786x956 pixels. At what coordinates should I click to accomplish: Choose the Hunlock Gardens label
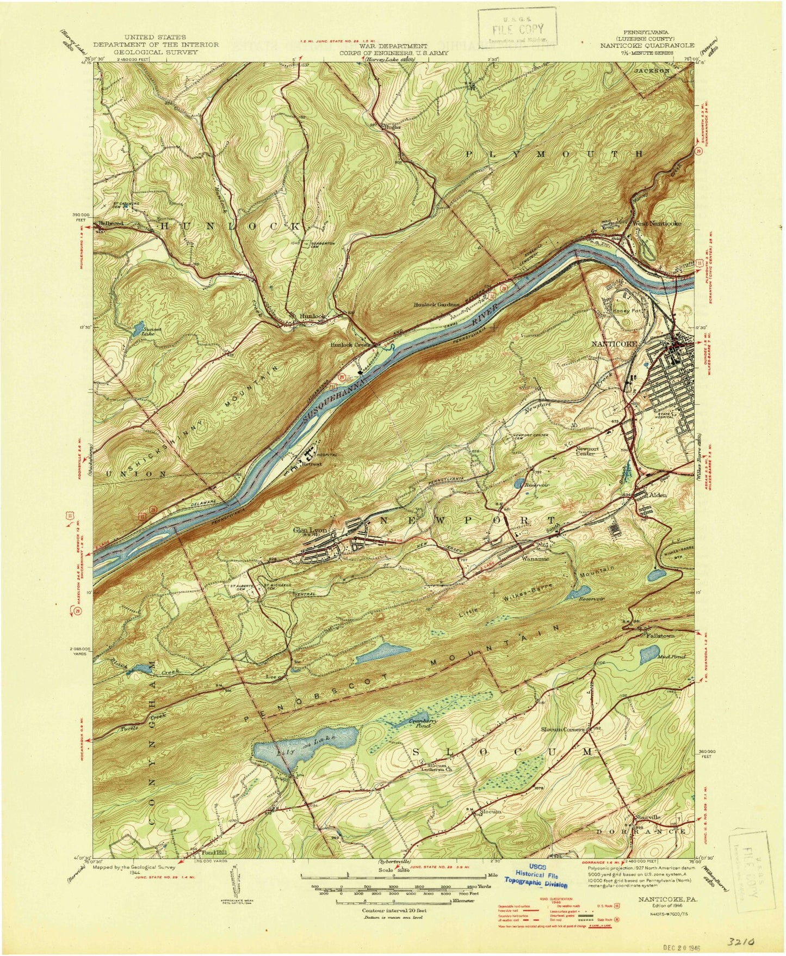point(437,304)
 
